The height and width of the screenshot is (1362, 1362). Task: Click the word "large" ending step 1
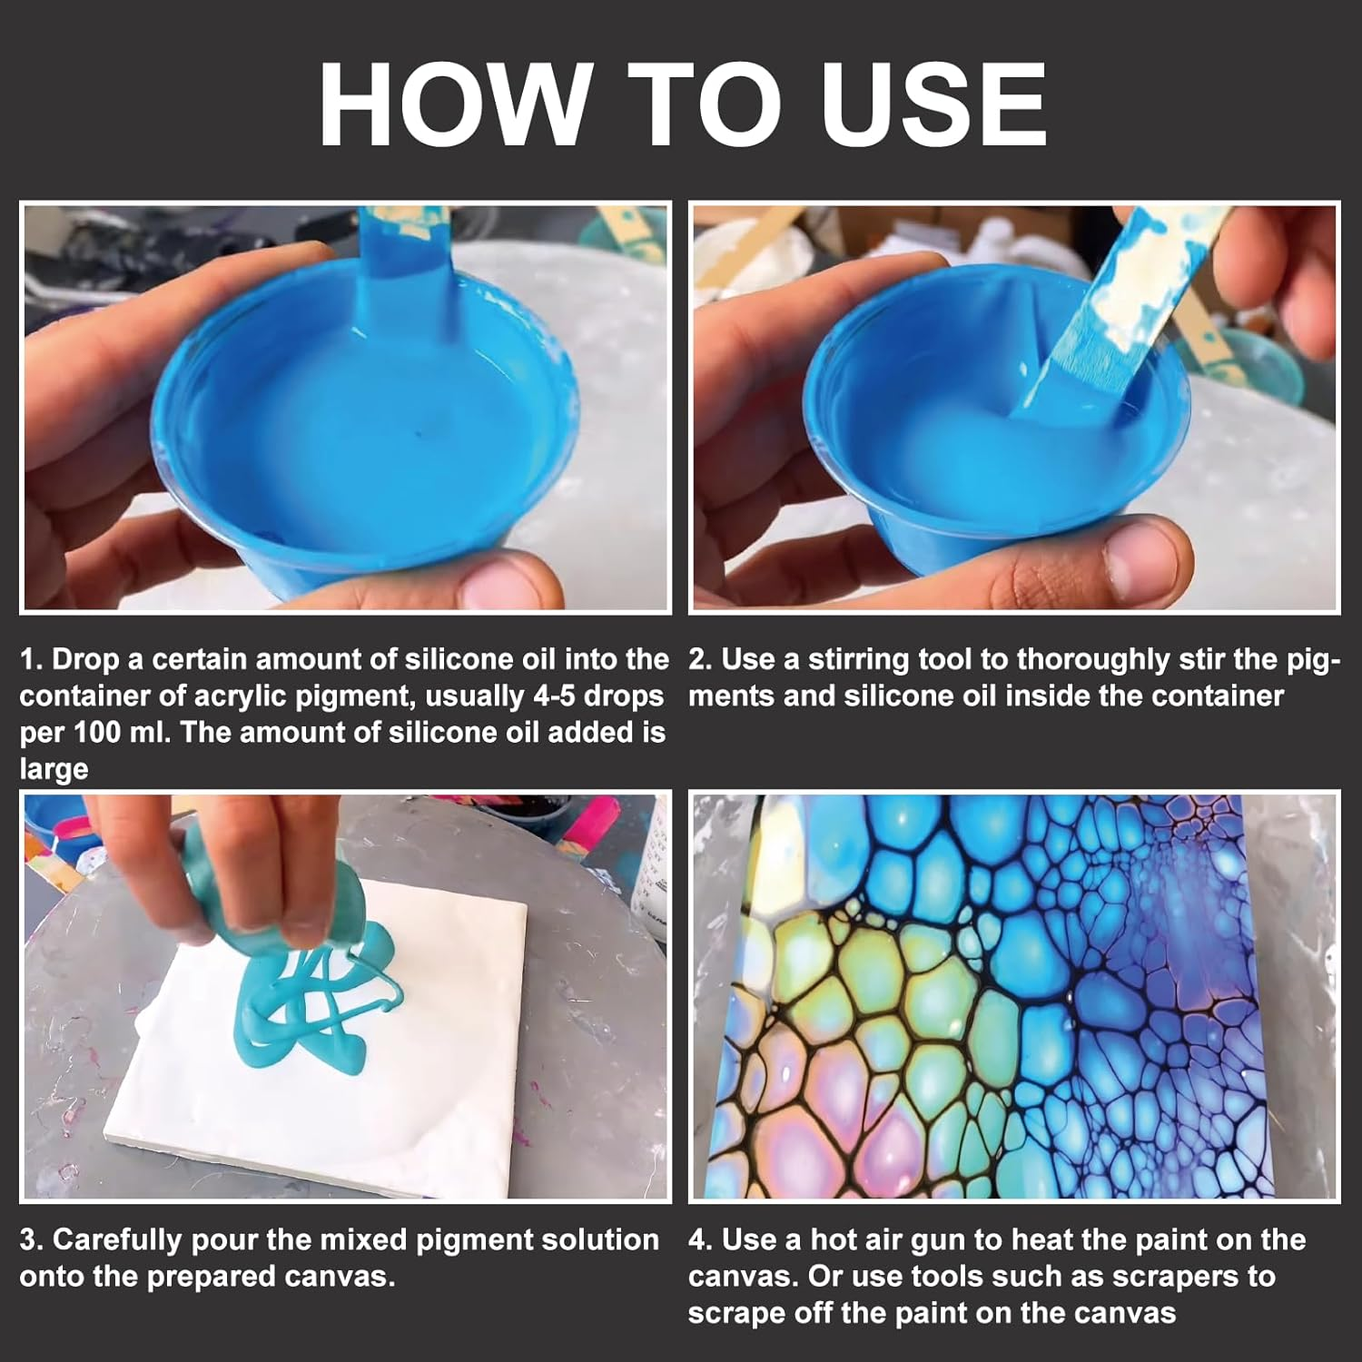click(54, 770)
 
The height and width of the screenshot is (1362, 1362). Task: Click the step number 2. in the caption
click(700, 659)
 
